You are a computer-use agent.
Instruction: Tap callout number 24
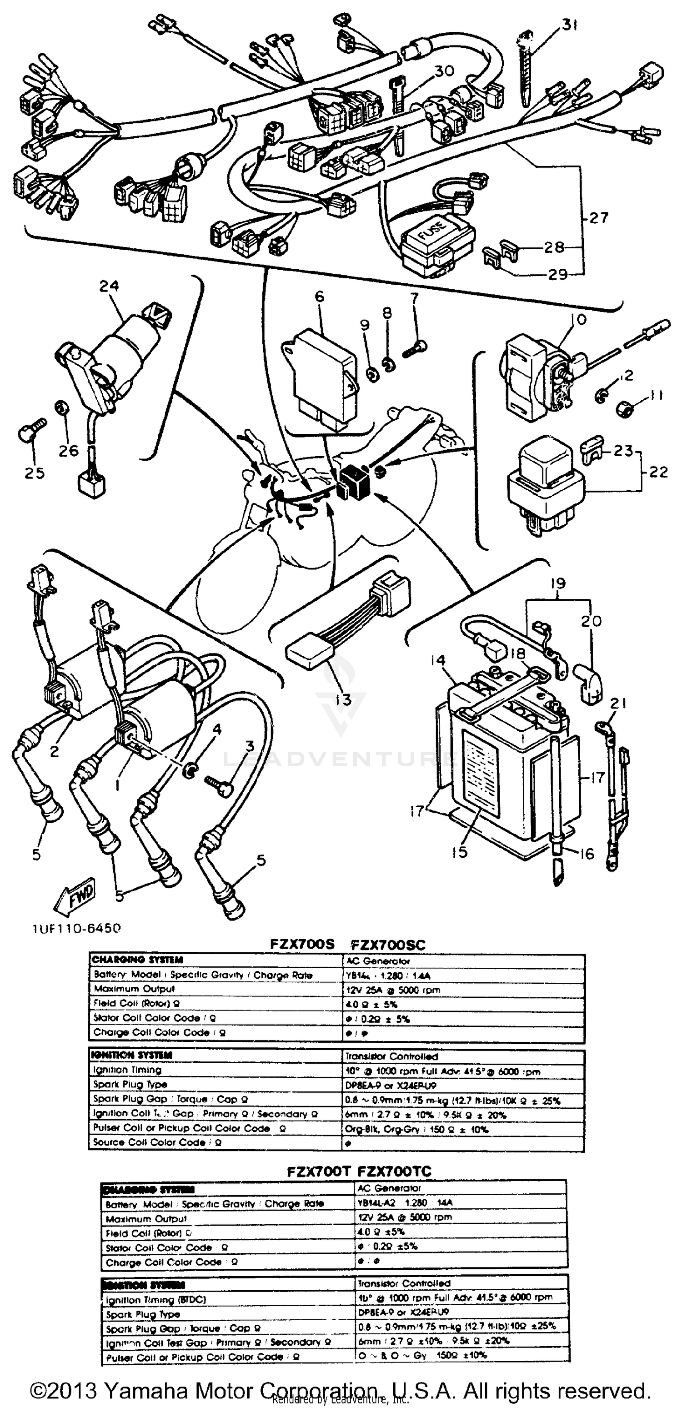pyautogui.click(x=109, y=286)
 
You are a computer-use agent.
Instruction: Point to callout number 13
pyautogui.click(x=343, y=699)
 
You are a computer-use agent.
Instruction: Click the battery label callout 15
pyautogui.click(x=460, y=852)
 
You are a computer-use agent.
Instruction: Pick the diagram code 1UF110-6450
pyautogui.click(x=76, y=928)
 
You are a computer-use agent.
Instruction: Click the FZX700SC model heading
pyautogui.click(x=387, y=945)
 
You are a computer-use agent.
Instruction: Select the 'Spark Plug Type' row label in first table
pyautogui.click(x=130, y=1084)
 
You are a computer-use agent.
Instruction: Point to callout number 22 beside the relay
pyautogui.click(x=658, y=471)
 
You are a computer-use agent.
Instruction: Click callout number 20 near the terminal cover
pyautogui.click(x=591, y=621)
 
